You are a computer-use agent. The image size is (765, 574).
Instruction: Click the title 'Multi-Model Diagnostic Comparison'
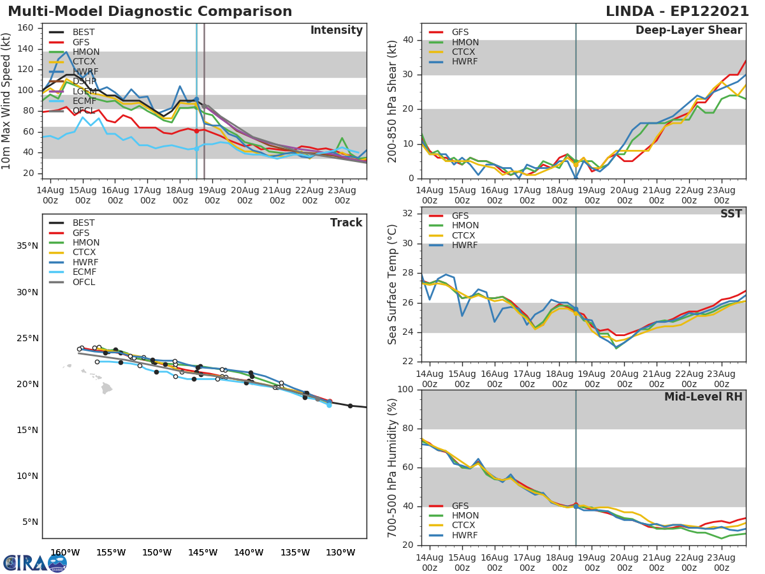point(150,11)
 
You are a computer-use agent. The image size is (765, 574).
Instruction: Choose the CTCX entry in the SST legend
point(465,235)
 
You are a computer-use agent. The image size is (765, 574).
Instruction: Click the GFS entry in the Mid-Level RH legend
point(460,506)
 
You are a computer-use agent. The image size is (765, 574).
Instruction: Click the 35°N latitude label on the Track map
point(27,246)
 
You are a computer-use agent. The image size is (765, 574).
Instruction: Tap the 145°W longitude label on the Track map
point(203,552)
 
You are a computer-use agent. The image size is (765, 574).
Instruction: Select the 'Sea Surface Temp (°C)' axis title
point(393,284)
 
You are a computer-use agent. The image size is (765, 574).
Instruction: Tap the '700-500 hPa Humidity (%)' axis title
point(393,467)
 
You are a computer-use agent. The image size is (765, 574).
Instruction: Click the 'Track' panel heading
point(346,223)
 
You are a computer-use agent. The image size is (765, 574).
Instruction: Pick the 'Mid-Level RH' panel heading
point(703,397)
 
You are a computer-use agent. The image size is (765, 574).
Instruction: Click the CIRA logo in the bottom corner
point(34,563)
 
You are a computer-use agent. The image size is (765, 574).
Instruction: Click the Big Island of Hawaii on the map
point(106,388)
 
